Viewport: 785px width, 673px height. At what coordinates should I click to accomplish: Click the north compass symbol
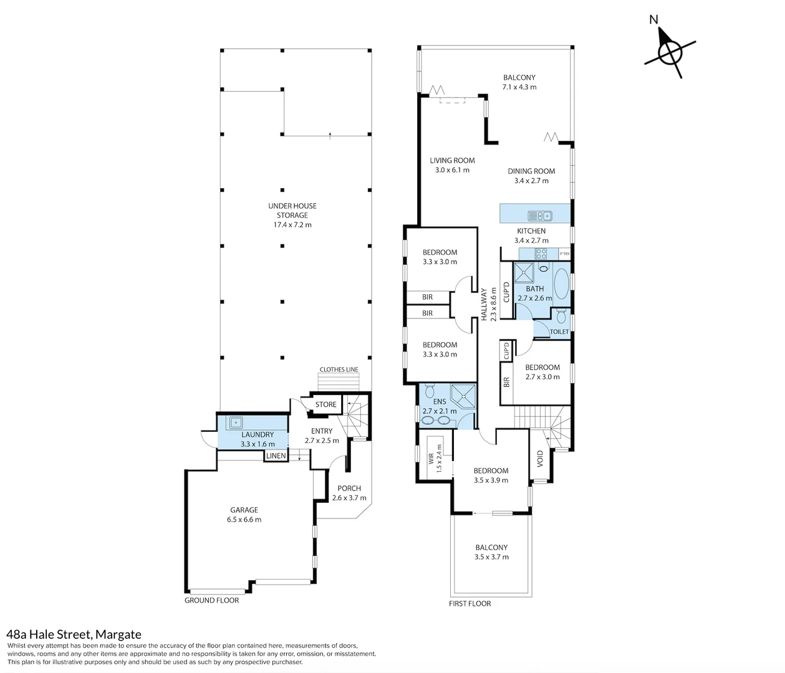[670, 52]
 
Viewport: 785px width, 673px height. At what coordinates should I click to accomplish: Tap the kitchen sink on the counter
[540, 216]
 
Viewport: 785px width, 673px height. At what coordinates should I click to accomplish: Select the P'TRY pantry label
[564, 254]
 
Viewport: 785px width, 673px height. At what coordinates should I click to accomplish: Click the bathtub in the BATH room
[562, 284]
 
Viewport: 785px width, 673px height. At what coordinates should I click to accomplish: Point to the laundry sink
[236, 422]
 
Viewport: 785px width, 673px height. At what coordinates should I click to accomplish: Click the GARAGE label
[244, 510]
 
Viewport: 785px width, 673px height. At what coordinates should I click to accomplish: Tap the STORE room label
[326, 404]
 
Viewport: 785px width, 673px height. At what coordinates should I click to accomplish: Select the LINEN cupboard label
[276, 456]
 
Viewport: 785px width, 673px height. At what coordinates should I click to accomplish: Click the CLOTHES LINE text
[339, 370]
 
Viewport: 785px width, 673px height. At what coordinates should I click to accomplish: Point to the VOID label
[540, 459]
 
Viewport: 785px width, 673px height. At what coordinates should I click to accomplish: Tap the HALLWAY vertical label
[484, 305]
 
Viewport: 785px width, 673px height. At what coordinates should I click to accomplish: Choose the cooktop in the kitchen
[541, 253]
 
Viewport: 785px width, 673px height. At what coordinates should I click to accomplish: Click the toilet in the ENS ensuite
[430, 390]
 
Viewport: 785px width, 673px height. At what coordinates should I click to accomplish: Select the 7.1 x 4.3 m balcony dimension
[519, 87]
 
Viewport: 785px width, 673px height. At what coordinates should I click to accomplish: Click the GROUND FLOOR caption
[211, 600]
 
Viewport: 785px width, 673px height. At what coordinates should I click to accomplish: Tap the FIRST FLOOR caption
[470, 604]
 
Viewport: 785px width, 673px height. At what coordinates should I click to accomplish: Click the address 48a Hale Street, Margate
[74, 634]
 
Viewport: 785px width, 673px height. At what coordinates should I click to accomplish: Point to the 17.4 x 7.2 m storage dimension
[292, 225]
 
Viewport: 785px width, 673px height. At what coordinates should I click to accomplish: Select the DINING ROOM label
[531, 171]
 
